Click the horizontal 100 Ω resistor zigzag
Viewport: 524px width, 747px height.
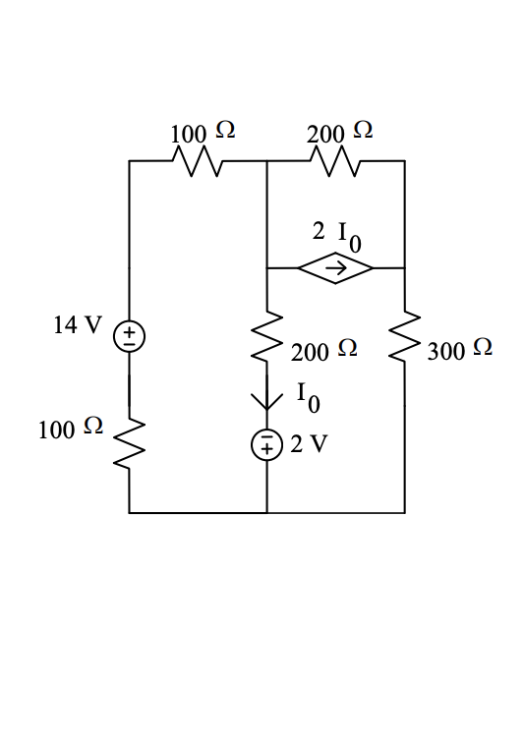pyautogui.click(x=199, y=161)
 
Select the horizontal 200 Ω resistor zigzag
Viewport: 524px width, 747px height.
pyautogui.click(x=336, y=161)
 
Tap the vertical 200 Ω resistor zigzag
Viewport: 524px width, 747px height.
pyautogui.click(x=266, y=338)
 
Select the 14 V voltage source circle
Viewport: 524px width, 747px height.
pyautogui.click(x=129, y=337)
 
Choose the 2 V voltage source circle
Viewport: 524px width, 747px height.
pyautogui.click(x=266, y=444)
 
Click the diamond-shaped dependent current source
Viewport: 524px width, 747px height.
pyautogui.click(x=335, y=267)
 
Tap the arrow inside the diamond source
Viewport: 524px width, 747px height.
pyautogui.click(x=335, y=267)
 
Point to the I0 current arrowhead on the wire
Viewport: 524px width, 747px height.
pyautogui.click(x=266, y=401)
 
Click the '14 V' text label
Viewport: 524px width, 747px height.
pyautogui.click(x=77, y=326)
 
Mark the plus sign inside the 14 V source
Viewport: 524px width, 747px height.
pyautogui.click(x=129, y=331)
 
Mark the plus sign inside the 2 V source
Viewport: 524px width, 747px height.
pyautogui.click(x=266, y=450)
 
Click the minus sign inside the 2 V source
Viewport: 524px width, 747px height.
pyautogui.click(x=266, y=438)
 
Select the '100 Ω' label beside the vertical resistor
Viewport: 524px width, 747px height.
pyautogui.click(x=70, y=429)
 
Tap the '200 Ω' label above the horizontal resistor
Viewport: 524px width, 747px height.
pyautogui.click(x=339, y=132)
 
